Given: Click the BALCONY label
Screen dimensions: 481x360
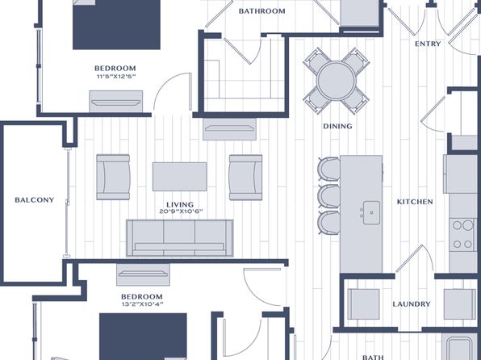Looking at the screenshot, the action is click(35, 200).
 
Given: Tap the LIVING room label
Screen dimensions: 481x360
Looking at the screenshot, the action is click(180, 204).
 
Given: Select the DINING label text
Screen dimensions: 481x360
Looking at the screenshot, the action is click(337, 126).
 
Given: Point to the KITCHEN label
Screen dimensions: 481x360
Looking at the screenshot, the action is click(415, 202).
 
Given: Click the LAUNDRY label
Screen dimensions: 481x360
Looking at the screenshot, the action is click(412, 303).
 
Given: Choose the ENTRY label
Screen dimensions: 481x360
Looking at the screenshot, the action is click(428, 44).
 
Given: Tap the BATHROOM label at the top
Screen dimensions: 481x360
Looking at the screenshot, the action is click(262, 11).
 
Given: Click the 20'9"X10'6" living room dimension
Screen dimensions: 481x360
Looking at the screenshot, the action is click(181, 211).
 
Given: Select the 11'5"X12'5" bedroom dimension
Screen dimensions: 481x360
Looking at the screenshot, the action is click(116, 77).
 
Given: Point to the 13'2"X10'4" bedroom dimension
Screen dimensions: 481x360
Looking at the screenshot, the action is click(142, 304).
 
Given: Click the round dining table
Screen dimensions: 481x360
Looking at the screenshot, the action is click(337, 81).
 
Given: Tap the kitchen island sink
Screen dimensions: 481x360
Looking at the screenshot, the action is click(371, 212).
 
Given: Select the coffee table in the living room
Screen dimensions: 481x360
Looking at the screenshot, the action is click(180, 177).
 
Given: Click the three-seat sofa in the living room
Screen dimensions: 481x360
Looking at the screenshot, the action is click(180, 238).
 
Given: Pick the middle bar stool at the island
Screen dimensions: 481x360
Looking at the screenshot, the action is click(329, 196).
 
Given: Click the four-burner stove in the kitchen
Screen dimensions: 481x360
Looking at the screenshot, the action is click(462, 235).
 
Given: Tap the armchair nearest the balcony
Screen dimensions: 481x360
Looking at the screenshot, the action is click(113, 177).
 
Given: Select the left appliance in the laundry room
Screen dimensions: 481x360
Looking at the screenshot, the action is click(363, 304).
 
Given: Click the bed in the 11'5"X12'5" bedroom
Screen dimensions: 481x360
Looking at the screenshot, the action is click(116, 24).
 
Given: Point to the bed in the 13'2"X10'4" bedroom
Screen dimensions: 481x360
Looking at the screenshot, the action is click(144, 337).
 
